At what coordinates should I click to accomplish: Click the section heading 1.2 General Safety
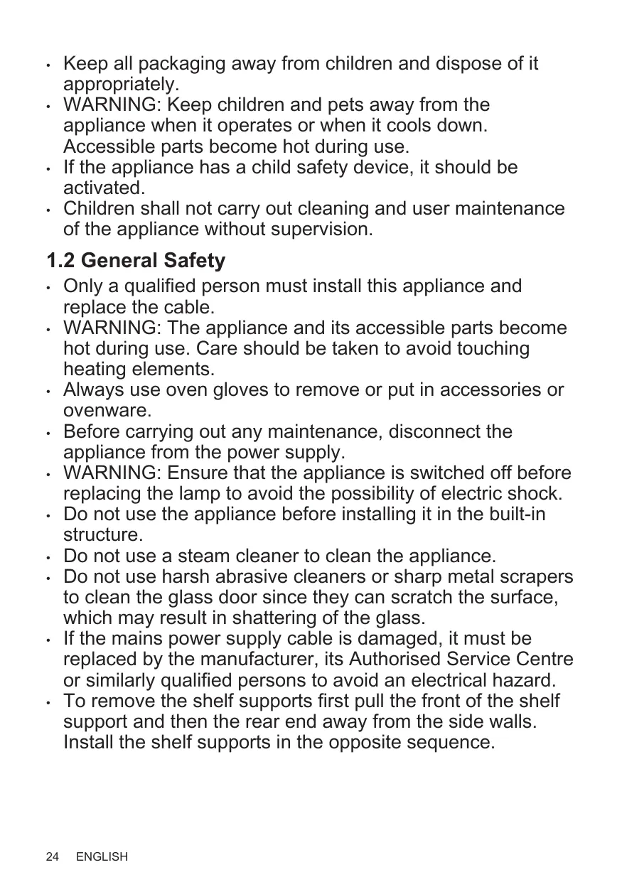point(135,261)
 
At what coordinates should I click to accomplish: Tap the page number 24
point(53,857)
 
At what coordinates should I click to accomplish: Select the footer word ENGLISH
point(102,857)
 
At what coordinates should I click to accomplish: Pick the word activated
point(104,188)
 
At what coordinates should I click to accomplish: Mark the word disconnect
point(435,431)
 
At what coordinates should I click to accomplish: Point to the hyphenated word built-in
point(513,514)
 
